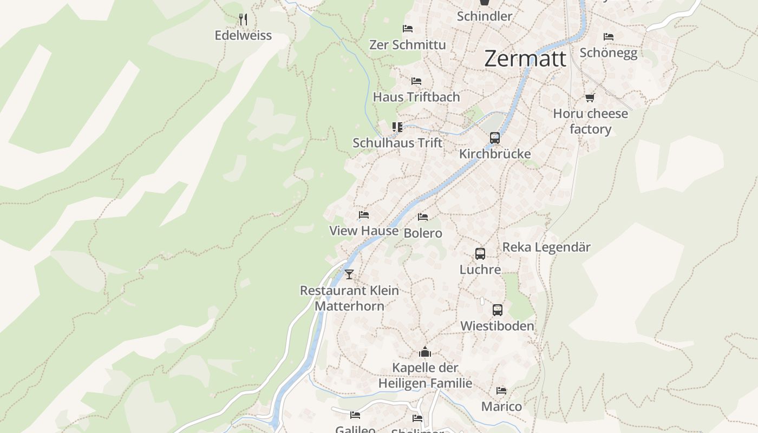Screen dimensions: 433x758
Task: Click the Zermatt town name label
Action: (x=525, y=58)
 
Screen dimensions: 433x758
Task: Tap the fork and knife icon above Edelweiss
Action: (x=243, y=20)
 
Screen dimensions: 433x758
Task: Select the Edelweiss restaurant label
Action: (x=243, y=36)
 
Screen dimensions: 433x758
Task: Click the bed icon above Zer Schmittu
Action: (x=408, y=29)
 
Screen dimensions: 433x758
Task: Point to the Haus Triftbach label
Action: (x=416, y=97)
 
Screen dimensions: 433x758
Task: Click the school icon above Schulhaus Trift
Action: (x=397, y=127)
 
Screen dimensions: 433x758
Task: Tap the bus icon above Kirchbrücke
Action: (x=495, y=138)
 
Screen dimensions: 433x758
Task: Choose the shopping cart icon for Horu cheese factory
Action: (x=590, y=98)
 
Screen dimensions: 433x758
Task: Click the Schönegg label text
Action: (x=609, y=53)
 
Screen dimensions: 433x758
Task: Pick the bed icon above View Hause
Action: (x=364, y=215)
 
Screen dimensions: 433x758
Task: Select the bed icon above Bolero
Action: (x=423, y=217)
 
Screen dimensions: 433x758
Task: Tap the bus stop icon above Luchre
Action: (x=480, y=253)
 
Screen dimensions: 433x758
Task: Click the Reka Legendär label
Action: (x=546, y=247)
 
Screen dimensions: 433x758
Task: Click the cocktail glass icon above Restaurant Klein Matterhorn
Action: (x=349, y=274)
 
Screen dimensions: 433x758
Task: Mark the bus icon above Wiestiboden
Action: (x=498, y=310)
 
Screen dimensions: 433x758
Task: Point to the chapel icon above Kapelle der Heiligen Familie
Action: (x=425, y=352)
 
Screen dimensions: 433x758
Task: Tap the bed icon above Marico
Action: (x=501, y=391)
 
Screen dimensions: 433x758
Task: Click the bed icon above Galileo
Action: (x=355, y=415)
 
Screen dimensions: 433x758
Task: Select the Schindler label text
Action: (x=485, y=16)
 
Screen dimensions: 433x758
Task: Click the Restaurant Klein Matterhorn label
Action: (x=350, y=298)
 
